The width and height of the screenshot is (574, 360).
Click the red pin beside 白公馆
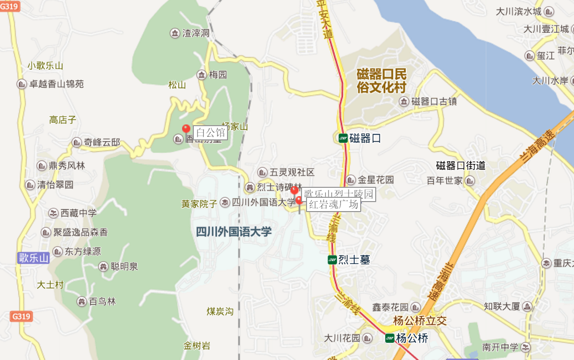[x=186, y=129]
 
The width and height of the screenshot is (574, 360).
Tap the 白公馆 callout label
[x=210, y=133]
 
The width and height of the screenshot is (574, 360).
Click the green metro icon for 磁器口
[x=343, y=138]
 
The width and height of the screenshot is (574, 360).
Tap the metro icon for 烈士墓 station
[x=332, y=259]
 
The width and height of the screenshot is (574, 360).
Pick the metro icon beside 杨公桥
[x=390, y=338]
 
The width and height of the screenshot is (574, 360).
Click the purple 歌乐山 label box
[x=33, y=258]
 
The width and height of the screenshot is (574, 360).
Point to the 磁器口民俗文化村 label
[x=382, y=80]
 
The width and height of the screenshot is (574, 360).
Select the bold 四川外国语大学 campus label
[x=234, y=232]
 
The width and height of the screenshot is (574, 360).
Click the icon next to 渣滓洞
[x=175, y=33]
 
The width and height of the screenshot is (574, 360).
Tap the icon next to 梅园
[x=202, y=74]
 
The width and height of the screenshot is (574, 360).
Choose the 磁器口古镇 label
[x=434, y=101]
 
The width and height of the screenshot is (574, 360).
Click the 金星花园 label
[x=376, y=180]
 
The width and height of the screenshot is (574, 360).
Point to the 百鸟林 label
[x=102, y=302]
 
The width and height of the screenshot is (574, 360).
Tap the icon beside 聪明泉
[x=103, y=267]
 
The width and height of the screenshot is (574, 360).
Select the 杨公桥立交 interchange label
[x=420, y=321]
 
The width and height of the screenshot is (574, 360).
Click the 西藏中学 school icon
[x=53, y=213]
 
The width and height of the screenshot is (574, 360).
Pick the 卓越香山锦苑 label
[x=57, y=84]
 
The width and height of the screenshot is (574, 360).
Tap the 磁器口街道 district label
[x=461, y=166]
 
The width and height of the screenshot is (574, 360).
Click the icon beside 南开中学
[x=526, y=348]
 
